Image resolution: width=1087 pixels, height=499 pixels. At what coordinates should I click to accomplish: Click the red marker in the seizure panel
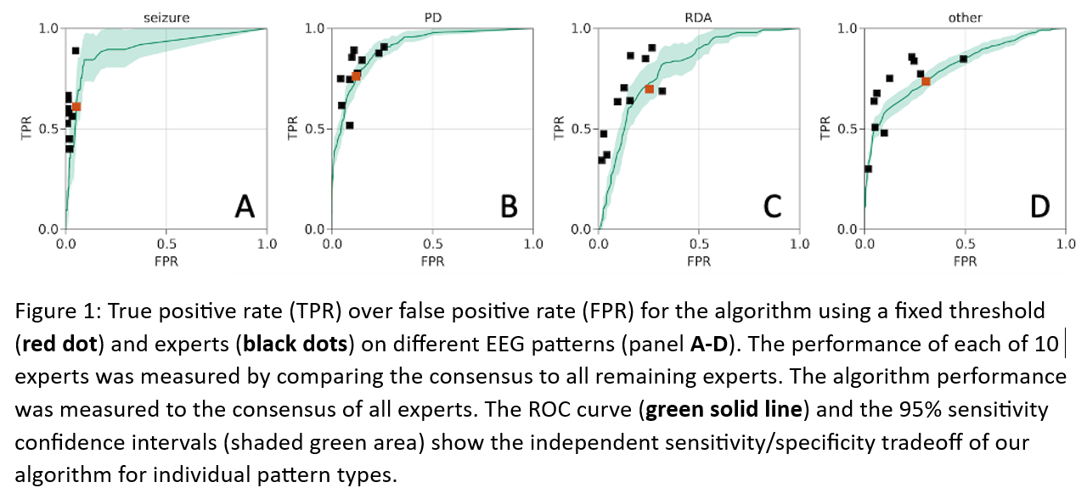point(76,106)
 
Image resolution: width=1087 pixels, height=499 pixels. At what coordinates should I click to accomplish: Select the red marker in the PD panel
point(357,76)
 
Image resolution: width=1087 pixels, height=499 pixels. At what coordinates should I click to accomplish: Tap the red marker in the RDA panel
point(650,88)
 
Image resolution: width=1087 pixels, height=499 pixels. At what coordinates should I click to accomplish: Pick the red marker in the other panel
point(926,81)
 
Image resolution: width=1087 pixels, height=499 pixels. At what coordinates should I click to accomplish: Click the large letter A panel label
point(245,205)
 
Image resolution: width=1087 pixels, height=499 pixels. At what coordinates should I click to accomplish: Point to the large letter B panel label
point(510,205)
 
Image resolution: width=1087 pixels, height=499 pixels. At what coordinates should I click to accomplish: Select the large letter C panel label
point(774,205)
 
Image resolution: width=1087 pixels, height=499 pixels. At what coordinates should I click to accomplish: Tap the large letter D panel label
point(1039,205)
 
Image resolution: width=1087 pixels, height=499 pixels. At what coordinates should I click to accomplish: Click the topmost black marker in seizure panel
point(76,51)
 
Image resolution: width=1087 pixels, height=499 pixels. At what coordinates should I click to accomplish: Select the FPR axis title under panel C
point(698,261)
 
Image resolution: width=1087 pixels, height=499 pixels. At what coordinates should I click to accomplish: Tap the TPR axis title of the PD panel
point(294,128)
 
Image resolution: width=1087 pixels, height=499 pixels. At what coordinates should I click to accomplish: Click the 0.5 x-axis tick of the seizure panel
point(166,244)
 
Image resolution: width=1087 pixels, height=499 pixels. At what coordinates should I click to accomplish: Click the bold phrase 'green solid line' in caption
point(724,409)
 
